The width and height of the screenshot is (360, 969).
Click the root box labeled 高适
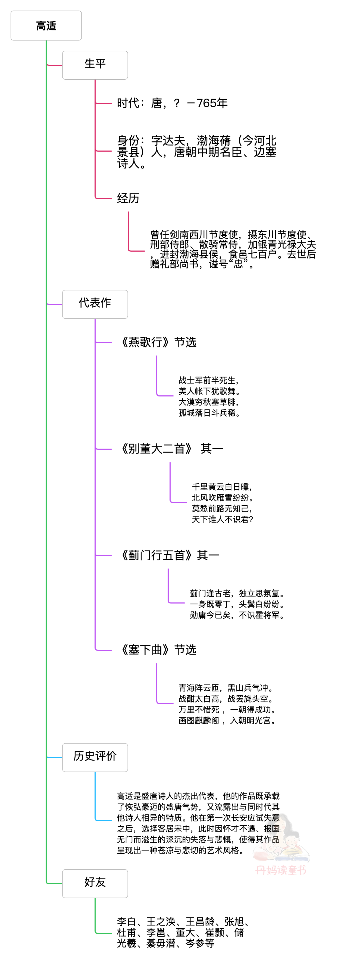46,26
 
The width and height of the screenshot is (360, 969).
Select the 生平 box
95,65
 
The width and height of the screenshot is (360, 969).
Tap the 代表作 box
95,304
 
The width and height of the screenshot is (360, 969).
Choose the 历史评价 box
95,758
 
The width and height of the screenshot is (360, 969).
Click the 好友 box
95,884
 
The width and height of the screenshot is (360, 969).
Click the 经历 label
128,198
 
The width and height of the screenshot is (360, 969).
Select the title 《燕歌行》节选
157,342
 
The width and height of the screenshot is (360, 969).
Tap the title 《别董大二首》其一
170,449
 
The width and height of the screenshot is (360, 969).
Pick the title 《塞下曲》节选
157,650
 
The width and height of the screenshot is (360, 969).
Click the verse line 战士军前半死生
207,380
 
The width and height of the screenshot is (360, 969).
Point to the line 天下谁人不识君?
222,519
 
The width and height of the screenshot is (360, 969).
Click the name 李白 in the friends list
127,922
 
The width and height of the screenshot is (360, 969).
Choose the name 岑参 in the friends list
195,943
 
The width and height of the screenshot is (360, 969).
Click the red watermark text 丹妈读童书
281,870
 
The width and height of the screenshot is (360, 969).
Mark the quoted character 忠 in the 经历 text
238,264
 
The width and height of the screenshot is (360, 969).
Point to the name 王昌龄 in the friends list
200,922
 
